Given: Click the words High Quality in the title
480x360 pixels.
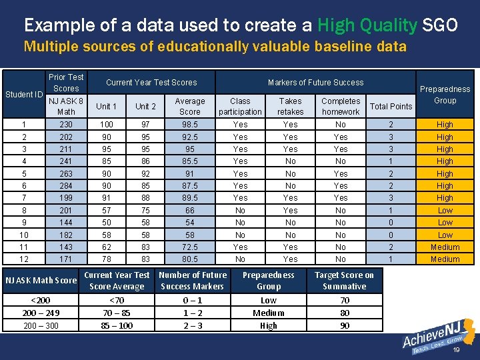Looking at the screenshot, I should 367,25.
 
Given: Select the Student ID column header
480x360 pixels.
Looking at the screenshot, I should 23,94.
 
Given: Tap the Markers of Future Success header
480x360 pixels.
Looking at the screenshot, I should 315,82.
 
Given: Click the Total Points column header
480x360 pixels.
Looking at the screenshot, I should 391,106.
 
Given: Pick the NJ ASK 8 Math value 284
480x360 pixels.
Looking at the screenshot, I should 66,185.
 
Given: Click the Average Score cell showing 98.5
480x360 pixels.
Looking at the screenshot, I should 189,125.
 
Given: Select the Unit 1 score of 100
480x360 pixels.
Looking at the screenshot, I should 106,125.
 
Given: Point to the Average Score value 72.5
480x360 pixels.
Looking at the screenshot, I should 189,247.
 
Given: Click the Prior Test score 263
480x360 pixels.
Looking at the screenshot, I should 66,173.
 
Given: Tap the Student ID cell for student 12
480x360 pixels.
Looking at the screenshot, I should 23,259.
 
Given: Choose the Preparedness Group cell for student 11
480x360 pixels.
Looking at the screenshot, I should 445,247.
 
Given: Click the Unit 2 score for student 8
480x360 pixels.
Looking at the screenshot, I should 145,210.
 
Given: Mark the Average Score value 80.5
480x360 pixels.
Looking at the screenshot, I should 189,259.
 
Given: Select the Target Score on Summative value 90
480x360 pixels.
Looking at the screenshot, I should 344,325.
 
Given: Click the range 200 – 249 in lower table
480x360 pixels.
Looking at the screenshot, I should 41,313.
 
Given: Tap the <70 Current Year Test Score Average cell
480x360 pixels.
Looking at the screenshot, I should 117,300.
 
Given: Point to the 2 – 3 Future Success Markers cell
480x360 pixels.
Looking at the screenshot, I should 193,325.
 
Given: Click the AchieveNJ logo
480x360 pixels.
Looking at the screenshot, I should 437,337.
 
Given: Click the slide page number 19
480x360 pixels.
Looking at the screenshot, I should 457,349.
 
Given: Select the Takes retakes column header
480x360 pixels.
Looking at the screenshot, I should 290,106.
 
